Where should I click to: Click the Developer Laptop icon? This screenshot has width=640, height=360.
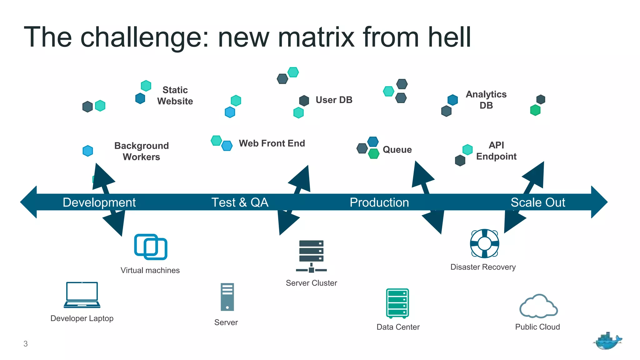click(x=82, y=295)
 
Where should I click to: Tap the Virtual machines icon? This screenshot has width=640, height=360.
click(x=151, y=247)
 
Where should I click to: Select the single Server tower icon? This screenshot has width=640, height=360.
click(x=227, y=297)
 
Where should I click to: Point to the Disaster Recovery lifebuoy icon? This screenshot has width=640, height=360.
click(x=484, y=243)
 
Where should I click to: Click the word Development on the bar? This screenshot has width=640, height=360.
click(x=99, y=202)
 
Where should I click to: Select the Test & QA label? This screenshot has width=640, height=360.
click(x=240, y=202)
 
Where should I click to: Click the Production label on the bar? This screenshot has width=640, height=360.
click(x=379, y=202)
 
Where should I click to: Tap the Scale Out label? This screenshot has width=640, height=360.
click(x=537, y=202)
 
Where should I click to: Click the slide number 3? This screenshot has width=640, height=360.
click(x=26, y=344)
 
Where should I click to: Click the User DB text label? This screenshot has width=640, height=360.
click(x=334, y=100)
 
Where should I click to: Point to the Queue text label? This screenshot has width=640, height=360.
click(x=397, y=150)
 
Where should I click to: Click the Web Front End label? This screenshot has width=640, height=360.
click(x=272, y=143)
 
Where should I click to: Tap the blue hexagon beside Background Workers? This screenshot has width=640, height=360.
click(x=88, y=151)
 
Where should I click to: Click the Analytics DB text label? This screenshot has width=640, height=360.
click(x=486, y=100)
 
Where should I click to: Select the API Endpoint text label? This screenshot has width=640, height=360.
click(x=496, y=151)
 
